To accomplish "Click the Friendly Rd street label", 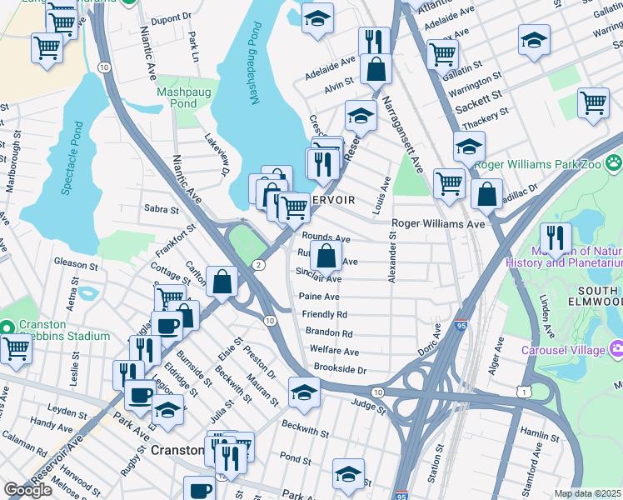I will point(324,315).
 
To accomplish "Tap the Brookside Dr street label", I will point(339,368).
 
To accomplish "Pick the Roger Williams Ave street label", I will point(437,224).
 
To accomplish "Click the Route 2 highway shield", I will point(259,264).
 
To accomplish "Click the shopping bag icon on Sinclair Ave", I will point(327,255).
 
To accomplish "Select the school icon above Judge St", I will point(304,391).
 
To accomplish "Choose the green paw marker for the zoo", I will point(614,162).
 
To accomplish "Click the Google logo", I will point(27,490).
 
